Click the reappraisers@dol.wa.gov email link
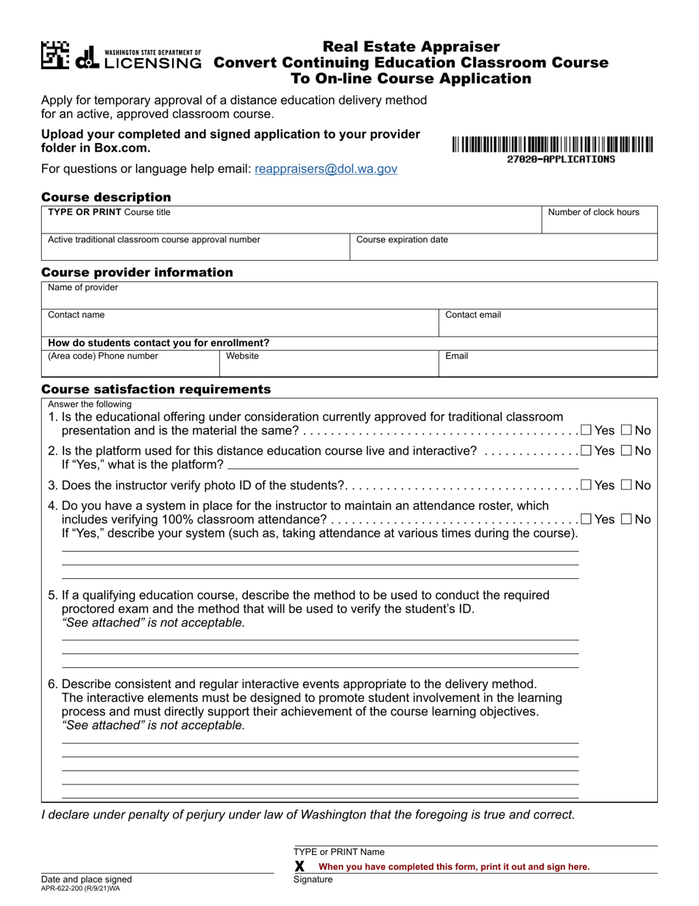(325, 169)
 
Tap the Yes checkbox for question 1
(586, 430)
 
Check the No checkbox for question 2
(626, 451)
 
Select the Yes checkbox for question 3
(586, 485)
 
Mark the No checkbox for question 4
(626, 519)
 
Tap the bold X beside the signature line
(299, 866)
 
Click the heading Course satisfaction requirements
(156, 389)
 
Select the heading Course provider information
(137, 273)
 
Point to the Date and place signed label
(86, 879)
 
